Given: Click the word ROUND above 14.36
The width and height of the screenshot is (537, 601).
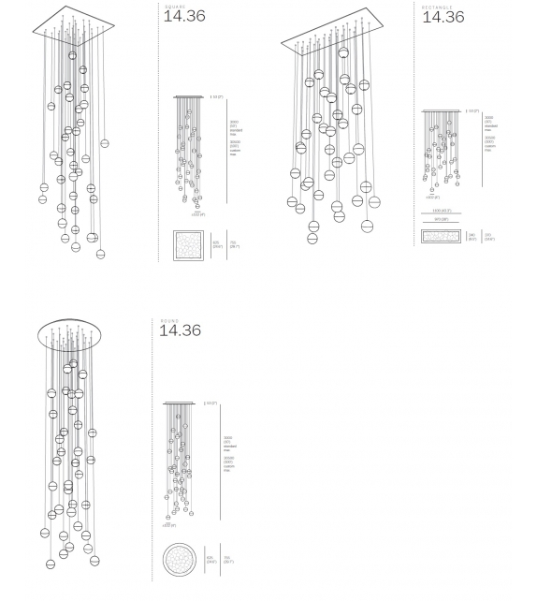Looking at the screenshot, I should (x=167, y=319).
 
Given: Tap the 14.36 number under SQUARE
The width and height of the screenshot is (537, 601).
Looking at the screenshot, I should (x=184, y=16).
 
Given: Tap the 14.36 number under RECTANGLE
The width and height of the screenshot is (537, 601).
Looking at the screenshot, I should (x=443, y=16).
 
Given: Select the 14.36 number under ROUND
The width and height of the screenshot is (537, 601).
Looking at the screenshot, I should (x=180, y=330).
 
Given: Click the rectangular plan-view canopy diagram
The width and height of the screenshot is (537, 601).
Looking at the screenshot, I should (x=441, y=237).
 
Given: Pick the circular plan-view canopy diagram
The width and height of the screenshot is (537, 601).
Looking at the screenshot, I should (x=178, y=561).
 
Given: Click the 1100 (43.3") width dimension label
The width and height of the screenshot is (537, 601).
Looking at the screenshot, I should (x=441, y=212).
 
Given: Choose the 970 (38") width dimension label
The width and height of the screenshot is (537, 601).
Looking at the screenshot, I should (x=441, y=221).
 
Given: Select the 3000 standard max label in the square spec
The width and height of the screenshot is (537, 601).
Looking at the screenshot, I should (x=235, y=126).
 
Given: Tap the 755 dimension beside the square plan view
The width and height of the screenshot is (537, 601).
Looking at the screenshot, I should (x=235, y=247).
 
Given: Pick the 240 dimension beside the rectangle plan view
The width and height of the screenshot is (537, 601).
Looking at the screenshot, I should (x=472, y=238).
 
